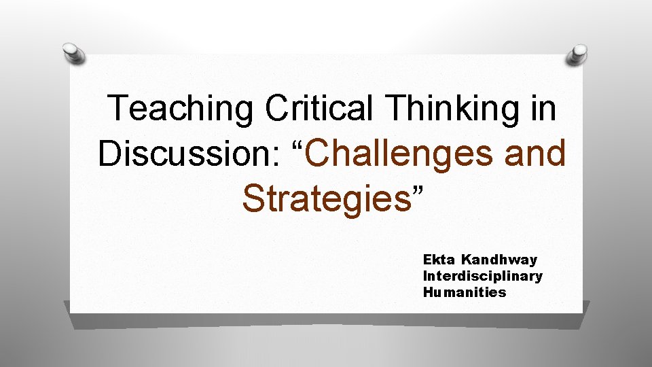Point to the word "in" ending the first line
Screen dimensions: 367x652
point(544,108)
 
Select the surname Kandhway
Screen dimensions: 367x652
point(499,260)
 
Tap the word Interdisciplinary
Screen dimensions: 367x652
point(482,276)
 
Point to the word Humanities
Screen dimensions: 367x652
point(465,292)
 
